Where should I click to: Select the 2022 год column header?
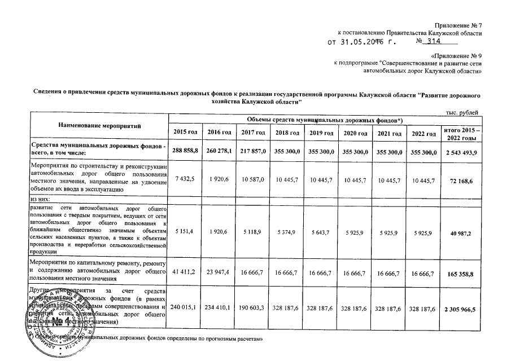pyautogui.click(x=424, y=133)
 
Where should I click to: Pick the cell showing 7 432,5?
pyautogui.click(x=185, y=179)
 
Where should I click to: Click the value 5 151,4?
pyautogui.click(x=185, y=232)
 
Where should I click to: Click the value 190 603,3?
pyautogui.click(x=253, y=310)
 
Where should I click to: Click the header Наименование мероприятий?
pyautogui.click(x=98, y=124)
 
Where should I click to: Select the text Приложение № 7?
pyautogui.click(x=458, y=26)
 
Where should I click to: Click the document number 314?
pyautogui.click(x=434, y=41)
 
